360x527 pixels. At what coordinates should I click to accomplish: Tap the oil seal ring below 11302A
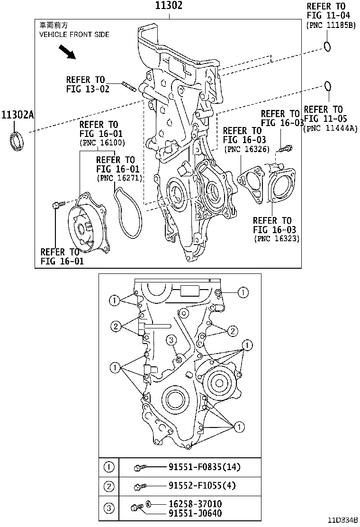point(18,141)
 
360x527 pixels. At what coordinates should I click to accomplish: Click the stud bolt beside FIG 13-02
point(130,87)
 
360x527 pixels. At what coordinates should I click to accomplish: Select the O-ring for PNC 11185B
point(327,46)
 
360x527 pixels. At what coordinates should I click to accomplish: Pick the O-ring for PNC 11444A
point(327,86)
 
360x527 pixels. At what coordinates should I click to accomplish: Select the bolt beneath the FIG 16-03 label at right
point(284,149)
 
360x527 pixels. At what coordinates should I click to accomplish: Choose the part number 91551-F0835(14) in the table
point(204,467)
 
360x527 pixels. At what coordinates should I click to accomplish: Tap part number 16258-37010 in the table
point(195,504)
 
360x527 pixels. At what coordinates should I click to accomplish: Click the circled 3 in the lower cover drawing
point(171,339)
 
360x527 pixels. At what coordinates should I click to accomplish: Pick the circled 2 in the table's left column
point(109,485)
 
